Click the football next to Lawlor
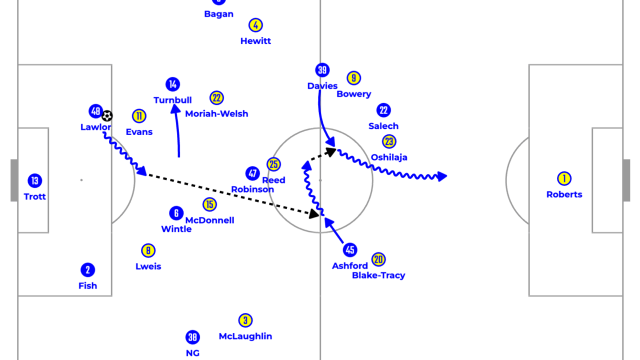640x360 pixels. click(107, 116)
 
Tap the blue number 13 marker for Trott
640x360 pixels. click(34, 181)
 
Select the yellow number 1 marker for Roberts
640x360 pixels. click(564, 178)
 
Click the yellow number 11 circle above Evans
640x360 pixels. click(139, 116)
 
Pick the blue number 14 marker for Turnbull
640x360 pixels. click(172, 84)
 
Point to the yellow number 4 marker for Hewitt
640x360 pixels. click(255, 25)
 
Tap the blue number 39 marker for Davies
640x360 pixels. click(322, 70)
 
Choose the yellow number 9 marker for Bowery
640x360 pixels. click(353, 78)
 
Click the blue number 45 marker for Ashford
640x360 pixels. click(350, 250)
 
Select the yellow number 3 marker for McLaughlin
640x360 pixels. click(245, 320)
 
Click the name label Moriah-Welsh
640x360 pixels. click(216, 113)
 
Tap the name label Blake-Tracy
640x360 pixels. click(378, 275)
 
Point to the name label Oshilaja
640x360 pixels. click(389, 157)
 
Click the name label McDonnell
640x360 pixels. click(209, 220)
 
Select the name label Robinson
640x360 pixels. click(252, 189)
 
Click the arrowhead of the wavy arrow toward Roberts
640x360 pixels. click(442, 176)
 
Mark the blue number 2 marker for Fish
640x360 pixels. click(87, 270)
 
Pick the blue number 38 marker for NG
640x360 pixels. click(192, 337)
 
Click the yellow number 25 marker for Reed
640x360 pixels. click(273, 164)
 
